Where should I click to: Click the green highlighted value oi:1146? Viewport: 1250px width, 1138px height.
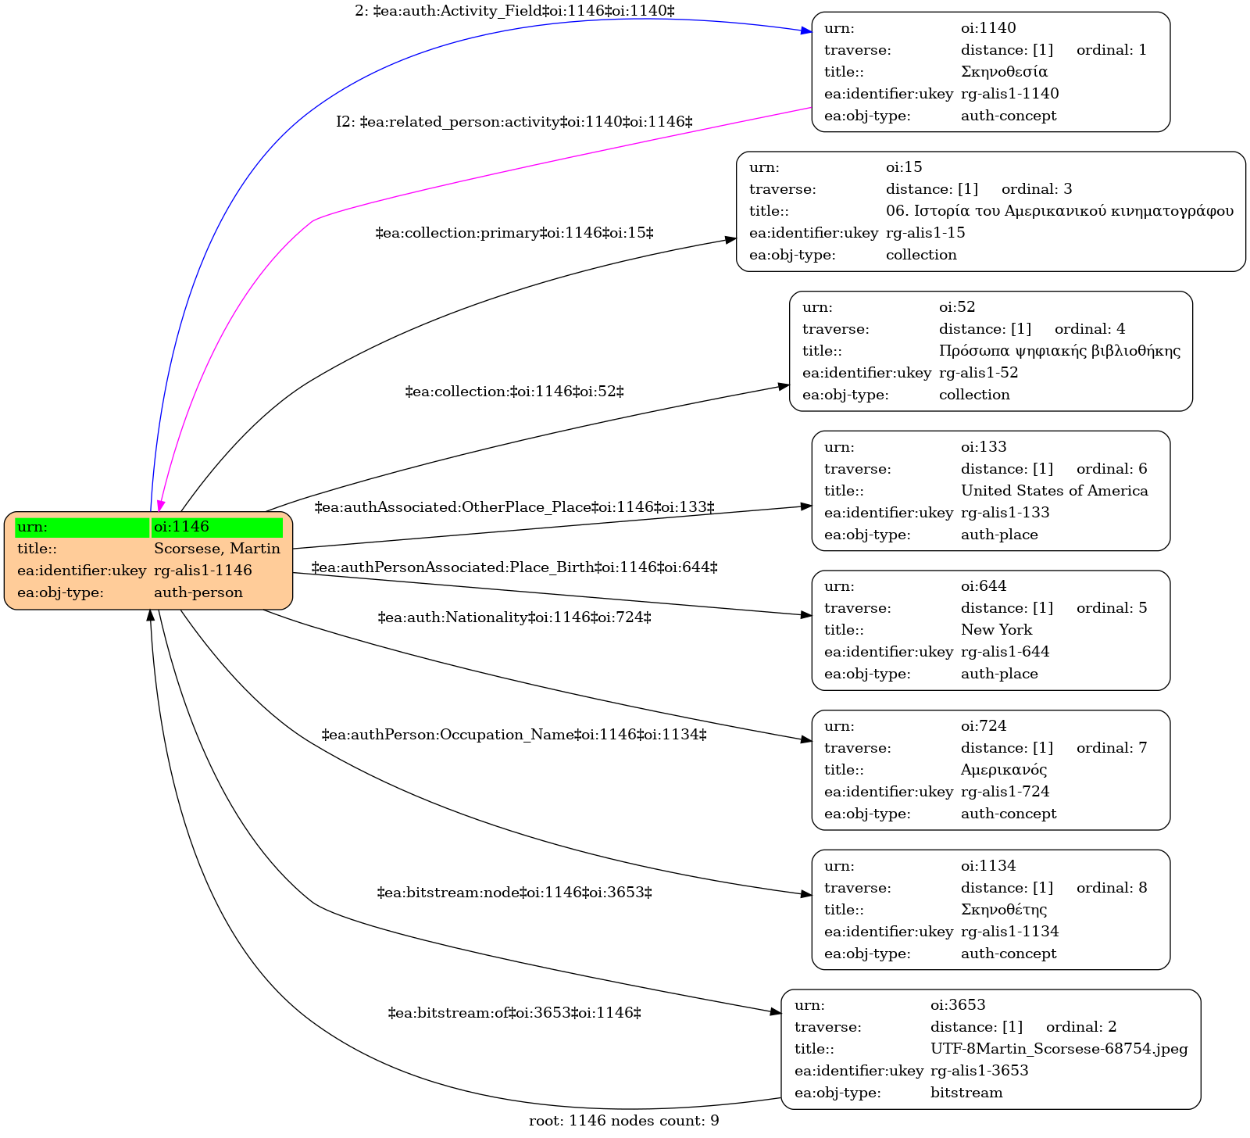[216, 527]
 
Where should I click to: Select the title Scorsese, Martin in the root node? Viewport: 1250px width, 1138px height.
[216, 549]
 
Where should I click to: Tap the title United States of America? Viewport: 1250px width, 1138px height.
[1054, 491]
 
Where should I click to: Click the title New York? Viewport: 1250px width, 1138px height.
[996, 630]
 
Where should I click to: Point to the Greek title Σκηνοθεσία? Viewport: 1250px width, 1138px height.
[1004, 72]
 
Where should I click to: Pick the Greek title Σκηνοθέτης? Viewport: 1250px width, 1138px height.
[1004, 910]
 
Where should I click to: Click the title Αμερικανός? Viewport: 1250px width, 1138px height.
[1004, 770]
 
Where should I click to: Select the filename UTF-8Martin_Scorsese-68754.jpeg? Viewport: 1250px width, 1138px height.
[1059, 1049]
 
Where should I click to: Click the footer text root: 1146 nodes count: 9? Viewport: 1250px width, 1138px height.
[623, 1121]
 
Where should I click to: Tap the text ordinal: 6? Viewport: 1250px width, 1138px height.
[1112, 469]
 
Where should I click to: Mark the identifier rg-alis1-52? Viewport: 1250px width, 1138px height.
[978, 373]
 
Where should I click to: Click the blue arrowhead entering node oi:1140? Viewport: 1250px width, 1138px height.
[806, 30]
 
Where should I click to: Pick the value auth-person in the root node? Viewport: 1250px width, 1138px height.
[198, 592]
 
